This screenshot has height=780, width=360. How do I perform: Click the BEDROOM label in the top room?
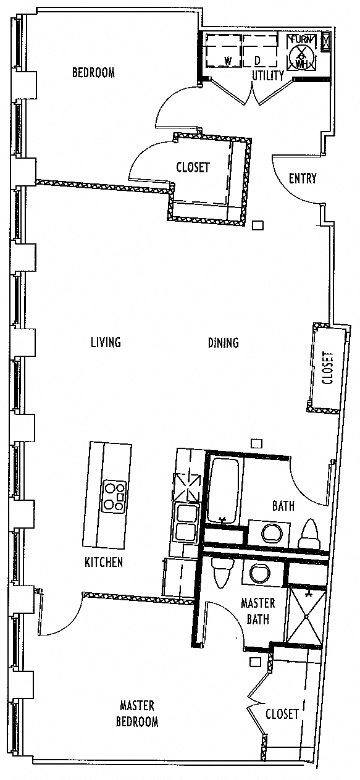93,73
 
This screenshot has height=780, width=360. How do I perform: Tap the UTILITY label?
268,75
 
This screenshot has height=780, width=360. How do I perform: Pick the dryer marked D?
261,50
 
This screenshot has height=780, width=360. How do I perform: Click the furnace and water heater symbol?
301,51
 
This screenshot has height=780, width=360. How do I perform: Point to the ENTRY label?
303,178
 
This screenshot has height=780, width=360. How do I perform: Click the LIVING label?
106,342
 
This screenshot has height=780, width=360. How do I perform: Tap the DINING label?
223,343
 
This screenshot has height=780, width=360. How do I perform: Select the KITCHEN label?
104,561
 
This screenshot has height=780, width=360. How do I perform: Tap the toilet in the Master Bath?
222,573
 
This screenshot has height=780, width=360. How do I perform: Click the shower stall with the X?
306,616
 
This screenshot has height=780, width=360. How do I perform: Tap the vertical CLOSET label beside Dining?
328,368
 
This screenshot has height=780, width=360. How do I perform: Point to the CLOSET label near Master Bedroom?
282,714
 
